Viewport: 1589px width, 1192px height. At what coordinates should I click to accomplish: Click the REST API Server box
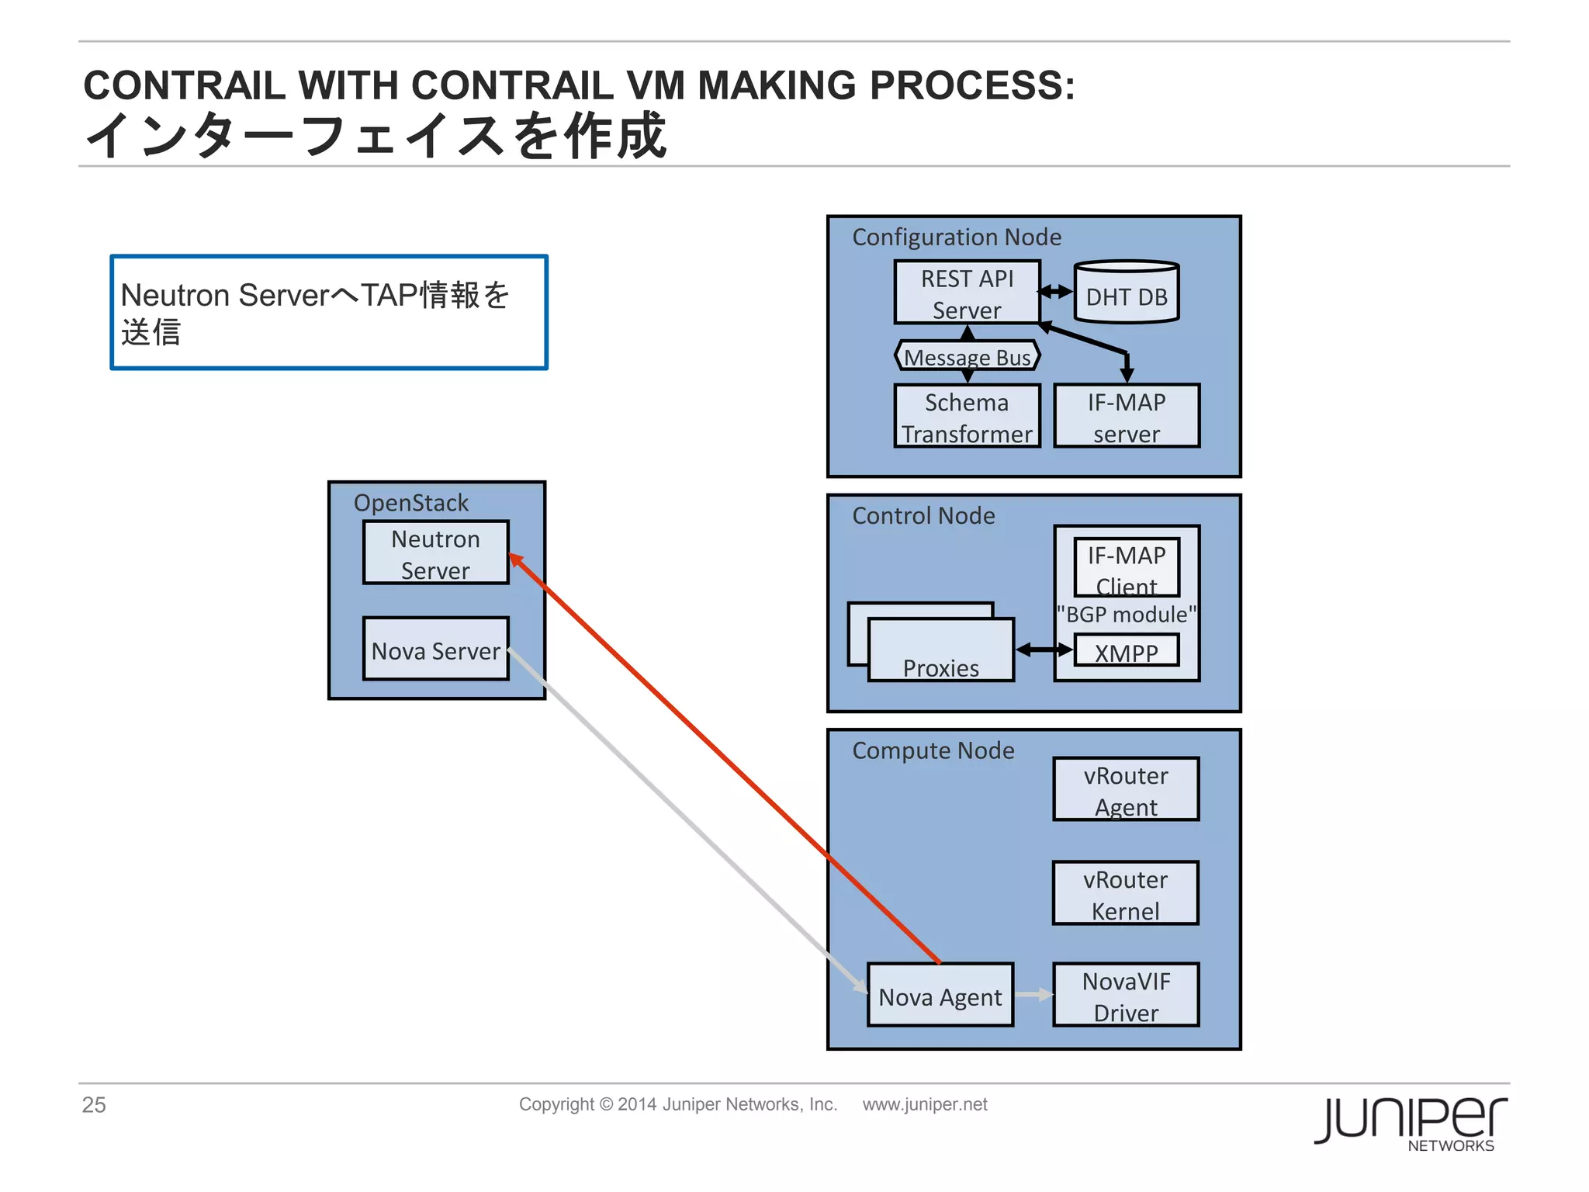click(x=967, y=293)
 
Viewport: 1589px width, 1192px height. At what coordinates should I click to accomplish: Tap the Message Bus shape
click(x=967, y=356)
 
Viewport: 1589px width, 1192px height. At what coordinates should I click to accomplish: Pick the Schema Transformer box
click(x=967, y=417)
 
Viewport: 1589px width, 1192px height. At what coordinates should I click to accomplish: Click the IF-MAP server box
click(x=1126, y=417)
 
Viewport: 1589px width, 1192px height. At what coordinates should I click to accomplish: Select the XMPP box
click(x=1126, y=650)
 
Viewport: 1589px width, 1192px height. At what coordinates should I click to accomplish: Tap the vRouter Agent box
click(x=1126, y=789)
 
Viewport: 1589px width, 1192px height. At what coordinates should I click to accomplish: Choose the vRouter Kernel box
click(x=1125, y=893)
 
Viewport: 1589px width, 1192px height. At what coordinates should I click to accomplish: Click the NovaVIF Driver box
click(x=1126, y=996)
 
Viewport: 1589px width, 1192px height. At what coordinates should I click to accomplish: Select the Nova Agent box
click(x=940, y=996)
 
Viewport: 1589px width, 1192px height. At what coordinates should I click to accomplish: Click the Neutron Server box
click(x=435, y=553)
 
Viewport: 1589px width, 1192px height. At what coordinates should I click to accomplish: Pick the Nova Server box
click(x=435, y=650)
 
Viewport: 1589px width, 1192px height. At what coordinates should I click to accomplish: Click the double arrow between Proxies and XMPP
click(x=1044, y=650)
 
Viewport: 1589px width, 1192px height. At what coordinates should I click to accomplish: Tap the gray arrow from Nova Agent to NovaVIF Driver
click(x=1033, y=995)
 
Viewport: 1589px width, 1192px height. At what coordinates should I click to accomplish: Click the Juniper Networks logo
click(x=1411, y=1123)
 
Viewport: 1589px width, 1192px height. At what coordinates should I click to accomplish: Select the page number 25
click(x=94, y=1104)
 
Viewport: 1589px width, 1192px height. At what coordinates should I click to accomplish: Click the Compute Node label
click(x=933, y=750)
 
